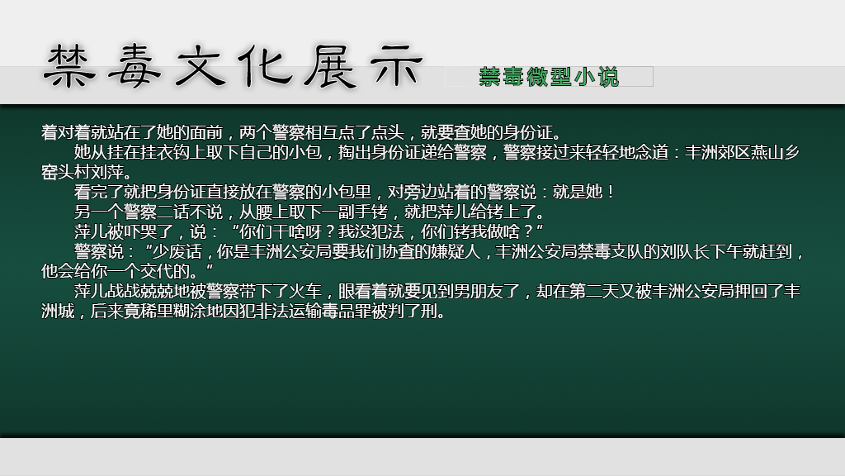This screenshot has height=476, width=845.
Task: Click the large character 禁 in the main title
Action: click(69, 66)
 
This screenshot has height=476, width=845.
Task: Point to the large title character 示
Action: click(395, 66)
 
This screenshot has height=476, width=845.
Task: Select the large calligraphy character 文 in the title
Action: click(200, 66)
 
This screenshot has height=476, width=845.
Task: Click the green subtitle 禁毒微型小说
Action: click(549, 77)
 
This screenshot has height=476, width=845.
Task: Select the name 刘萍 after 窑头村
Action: click(107, 172)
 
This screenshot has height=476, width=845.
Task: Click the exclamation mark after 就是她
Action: click(610, 192)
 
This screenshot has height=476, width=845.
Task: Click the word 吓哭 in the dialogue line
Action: click(140, 232)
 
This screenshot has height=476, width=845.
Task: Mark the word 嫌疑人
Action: click(456, 252)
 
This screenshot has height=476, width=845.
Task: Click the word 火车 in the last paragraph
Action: click(305, 292)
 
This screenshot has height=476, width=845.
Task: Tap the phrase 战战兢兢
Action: click(140, 292)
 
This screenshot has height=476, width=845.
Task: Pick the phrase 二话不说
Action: click(190, 212)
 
